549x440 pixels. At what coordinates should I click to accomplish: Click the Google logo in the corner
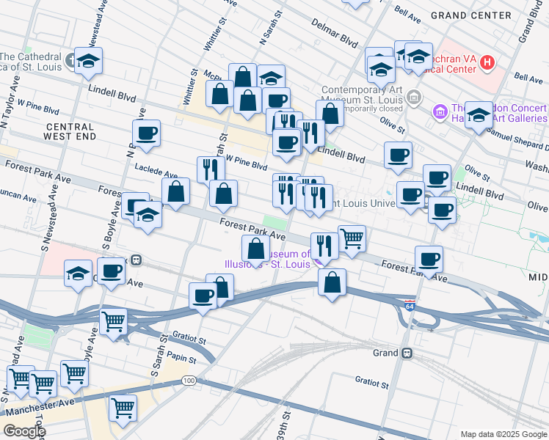23,431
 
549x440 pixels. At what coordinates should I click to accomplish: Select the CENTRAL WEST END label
70,131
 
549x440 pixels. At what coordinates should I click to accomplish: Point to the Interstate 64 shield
410,303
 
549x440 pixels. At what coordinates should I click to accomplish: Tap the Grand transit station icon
406,353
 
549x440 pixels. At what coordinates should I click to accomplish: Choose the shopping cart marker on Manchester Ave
123,408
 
